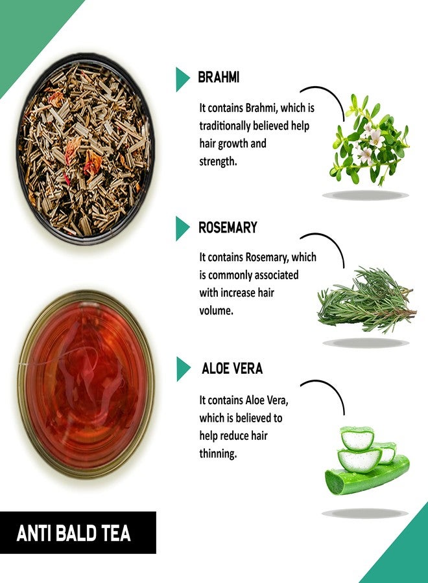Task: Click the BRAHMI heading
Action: point(219,78)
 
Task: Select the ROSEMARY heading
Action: point(228,227)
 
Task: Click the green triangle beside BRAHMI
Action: point(182,78)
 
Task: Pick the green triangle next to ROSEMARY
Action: point(182,228)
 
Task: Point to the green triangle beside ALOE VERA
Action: point(182,369)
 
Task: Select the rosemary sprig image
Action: point(366,301)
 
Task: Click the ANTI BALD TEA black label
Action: point(78,532)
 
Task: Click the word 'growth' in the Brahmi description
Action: point(244,143)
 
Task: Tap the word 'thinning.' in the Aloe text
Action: point(218,453)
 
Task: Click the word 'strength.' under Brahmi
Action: point(218,161)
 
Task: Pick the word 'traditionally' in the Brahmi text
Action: point(230,126)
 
